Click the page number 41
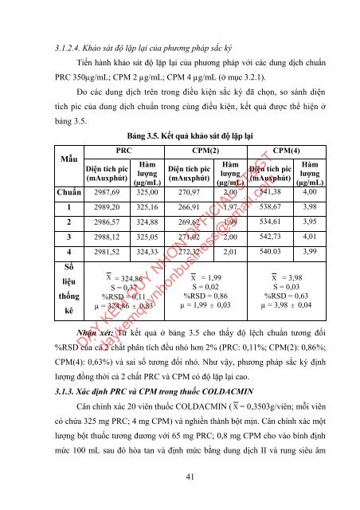pos(180,477)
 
